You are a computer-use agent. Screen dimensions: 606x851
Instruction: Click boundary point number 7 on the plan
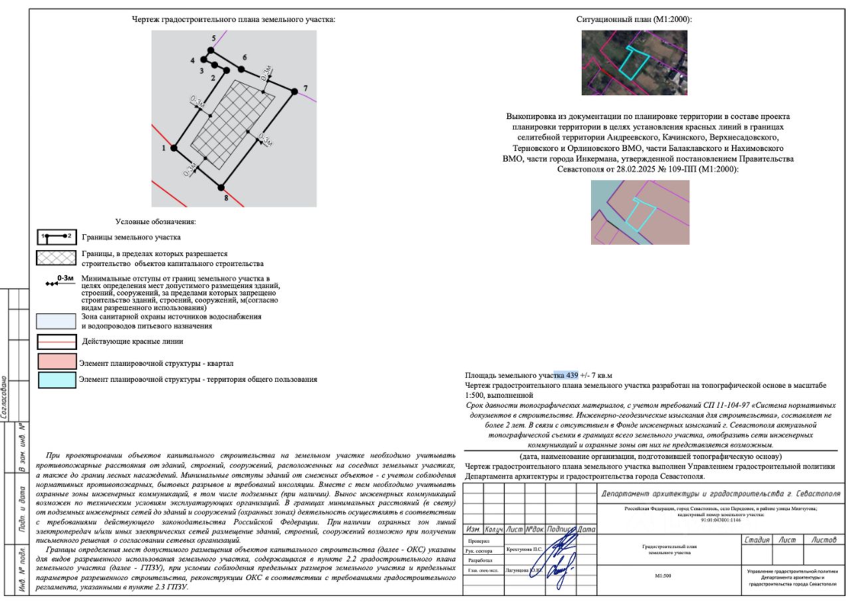(x=293, y=91)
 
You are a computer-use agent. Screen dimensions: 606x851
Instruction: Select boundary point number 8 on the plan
(x=223, y=188)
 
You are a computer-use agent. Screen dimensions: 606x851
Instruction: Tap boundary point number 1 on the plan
(x=175, y=148)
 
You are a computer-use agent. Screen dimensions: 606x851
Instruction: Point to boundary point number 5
(x=211, y=50)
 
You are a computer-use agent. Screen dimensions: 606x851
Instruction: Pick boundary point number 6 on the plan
(x=242, y=69)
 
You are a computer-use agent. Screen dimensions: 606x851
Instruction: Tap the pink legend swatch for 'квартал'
(x=57, y=363)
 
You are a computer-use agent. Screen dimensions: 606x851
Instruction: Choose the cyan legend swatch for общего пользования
(x=57, y=380)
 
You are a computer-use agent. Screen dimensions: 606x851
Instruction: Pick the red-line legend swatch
(x=57, y=342)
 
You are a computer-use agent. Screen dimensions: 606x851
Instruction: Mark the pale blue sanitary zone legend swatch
(x=57, y=321)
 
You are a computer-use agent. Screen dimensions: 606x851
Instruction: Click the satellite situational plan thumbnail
(x=634, y=63)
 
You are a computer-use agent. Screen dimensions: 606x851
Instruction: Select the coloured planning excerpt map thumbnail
(x=640, y=212)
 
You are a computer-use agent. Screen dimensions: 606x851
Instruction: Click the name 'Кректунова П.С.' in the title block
(x=525, y=550)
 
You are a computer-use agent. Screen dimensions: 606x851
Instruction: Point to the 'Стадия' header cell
(x=757, y=539)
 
